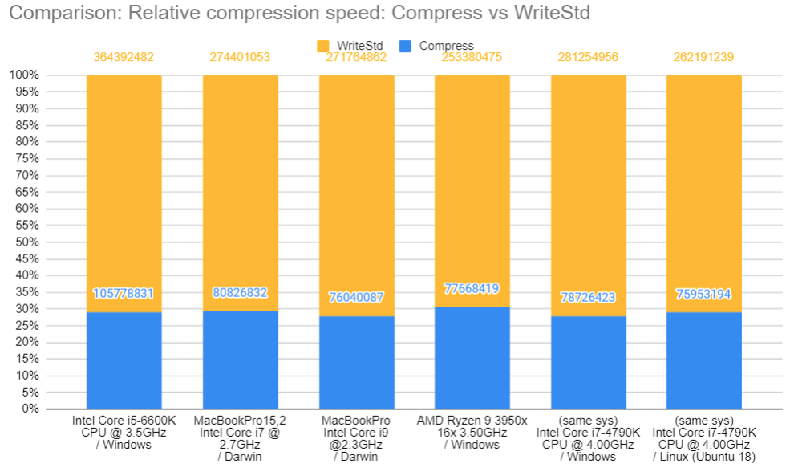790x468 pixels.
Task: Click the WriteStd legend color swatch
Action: (x=323, y=46)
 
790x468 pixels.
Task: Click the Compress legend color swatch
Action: (x=405, y=46)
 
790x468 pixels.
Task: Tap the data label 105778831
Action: (x=124, y=293)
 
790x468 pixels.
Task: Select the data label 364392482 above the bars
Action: (x=124, y=57)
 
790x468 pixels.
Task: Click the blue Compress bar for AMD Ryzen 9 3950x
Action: (x=472, y=358)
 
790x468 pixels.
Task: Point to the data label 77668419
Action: (x=472, y=288)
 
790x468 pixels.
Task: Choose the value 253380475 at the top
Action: (x=472, y=57)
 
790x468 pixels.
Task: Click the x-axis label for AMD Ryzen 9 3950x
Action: (x=472, y=433)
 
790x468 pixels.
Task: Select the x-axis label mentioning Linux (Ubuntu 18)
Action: (x=704, y=438)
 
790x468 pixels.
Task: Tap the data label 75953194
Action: (x=703, y=294)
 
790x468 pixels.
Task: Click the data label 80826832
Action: (x=240, y=293)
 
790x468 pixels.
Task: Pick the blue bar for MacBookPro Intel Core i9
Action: (x=356, y=362)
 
